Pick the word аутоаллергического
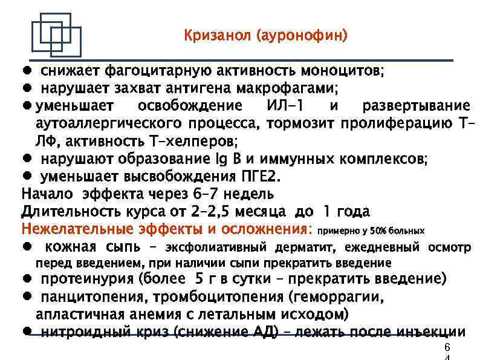[x=108, y=124]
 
